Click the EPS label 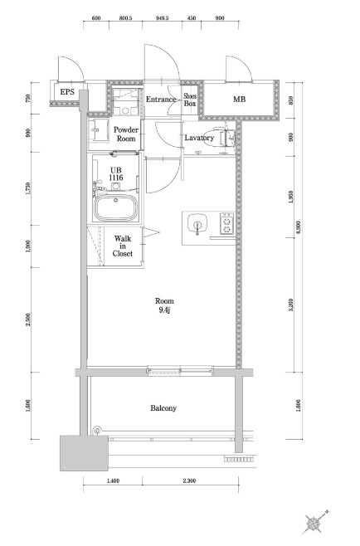(67, 92)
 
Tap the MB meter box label (239, 100)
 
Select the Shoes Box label (190, 100)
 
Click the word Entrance (161, 100)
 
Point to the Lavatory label (199, 138)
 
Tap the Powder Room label (126, 134)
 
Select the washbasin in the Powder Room (97, 130)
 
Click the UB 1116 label (116, 173)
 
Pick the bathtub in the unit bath (116, 207)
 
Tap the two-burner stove (226, 223)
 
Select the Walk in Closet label (123, 246)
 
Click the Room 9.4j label (164, 305)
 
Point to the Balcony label (163, 407)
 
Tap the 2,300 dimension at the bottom (189, 481)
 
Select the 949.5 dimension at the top (162, 18)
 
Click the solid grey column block (84, 453)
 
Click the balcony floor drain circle (98, 431)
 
